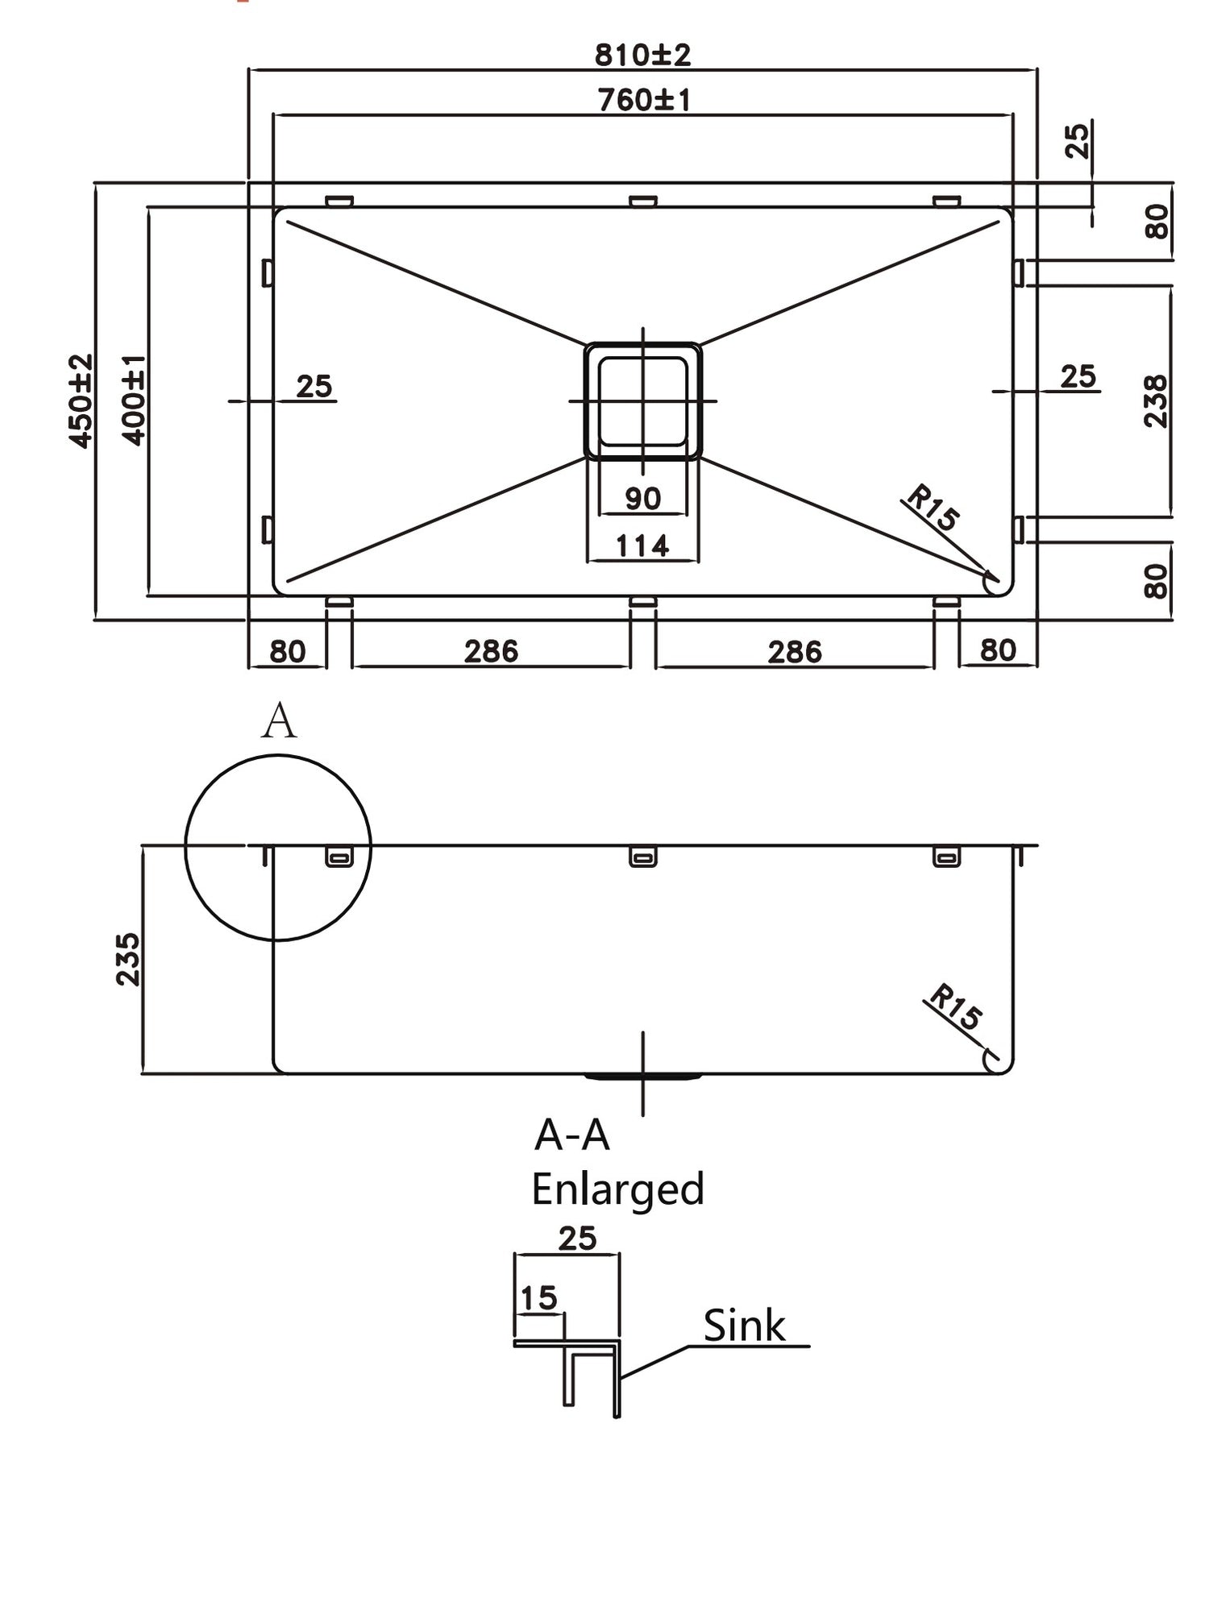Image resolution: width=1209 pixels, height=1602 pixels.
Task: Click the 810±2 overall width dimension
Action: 642,55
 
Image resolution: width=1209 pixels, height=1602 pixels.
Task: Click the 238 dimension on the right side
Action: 1156,400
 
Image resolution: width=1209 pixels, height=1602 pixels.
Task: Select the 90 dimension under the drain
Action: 642,499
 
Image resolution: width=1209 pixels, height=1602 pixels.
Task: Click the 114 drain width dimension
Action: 642,546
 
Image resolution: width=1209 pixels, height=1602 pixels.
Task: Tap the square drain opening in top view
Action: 642,400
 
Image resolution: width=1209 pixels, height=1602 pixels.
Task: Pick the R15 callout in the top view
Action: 933,508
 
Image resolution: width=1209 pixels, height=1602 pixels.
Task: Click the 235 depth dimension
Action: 127,959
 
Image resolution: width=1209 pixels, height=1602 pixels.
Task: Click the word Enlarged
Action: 617,1189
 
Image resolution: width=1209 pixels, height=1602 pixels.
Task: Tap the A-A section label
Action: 571,1135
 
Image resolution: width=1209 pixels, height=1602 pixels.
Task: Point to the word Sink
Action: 743,1326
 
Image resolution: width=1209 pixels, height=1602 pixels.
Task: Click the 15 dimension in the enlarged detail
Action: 538,1298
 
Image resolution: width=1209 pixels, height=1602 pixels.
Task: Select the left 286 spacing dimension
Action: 491,651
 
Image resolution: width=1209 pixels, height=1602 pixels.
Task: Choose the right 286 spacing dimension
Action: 794,651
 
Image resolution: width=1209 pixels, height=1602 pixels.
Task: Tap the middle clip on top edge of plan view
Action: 642,201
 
